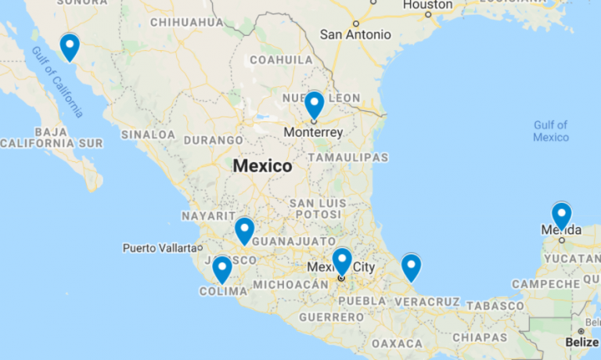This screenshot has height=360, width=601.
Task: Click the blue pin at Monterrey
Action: point(314,103)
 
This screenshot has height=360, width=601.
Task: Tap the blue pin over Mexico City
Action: point(342,261)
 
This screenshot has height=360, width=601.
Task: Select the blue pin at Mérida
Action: point(561,214)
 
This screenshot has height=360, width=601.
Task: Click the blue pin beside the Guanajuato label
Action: point(244,229)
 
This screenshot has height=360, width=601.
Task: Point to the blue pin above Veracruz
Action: point(411,266)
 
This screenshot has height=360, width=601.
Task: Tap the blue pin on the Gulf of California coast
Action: point(70,45)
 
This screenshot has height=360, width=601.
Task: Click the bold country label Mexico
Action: point(262,166)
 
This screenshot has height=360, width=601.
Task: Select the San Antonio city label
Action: point(355,34)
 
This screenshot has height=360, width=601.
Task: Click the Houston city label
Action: point(427,5)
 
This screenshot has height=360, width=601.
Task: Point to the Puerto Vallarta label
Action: point(157,248)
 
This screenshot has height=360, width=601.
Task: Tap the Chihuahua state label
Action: point(186,22)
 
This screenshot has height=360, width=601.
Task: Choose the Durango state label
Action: point(214,140)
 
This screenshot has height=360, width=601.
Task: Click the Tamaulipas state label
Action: point(347,157)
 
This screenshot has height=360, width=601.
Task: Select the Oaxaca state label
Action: point(397,344)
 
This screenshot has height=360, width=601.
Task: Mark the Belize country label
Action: point(581,342)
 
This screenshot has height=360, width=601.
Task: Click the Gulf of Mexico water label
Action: point(551,131)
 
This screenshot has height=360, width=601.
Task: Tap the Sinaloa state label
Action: point(148,135)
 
